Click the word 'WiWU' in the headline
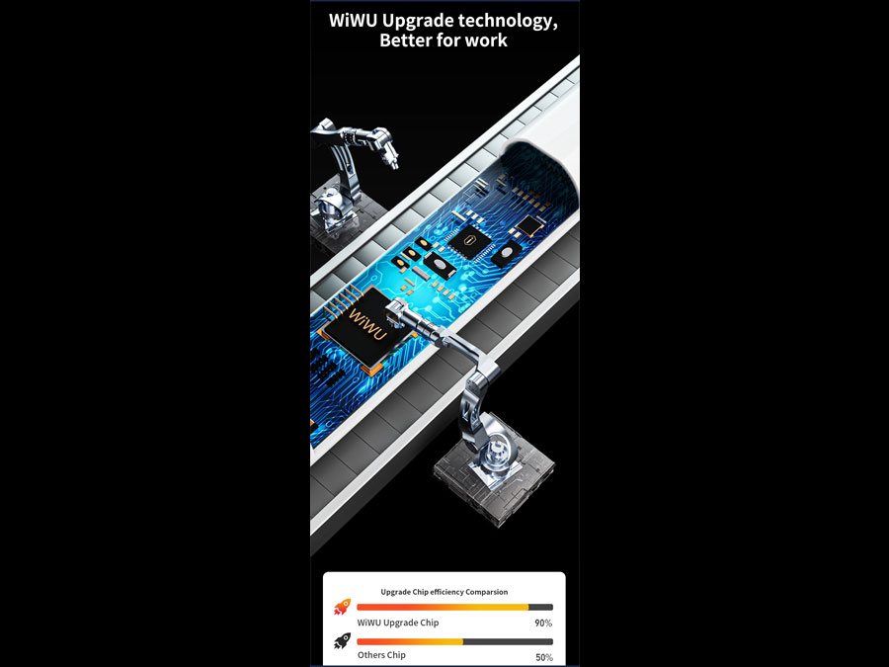pyautogui.click(x=354, y=21)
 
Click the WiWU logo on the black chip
pyautogui.click(x=368, y=324)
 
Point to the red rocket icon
pyautogui.click(x=343, y=608)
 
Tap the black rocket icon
pyautogui.click(x=343, y=641)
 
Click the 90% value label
pyautogui.click(x=543, y=623)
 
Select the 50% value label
pyautogui.click(x=544, y=657)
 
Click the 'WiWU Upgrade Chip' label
pyautogui.click(x=398, y=623)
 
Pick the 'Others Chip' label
pyautogui.click(x=381, y=655)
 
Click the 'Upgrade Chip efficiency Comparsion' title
pyautogui.click(x=444, y=592)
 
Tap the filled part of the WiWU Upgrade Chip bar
pyautogui.click(x=443, y=607)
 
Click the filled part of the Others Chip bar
pyautogui.click(x=410, y=641)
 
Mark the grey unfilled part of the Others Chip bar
pyautogui.click(x=508, y=641)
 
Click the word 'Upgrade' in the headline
pyautogui.click(x=418, y=22)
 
